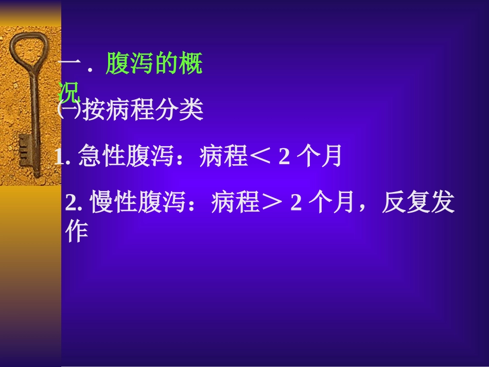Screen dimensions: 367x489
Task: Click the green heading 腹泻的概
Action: tap(154, 66)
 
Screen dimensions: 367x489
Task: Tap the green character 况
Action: tap(69, 93)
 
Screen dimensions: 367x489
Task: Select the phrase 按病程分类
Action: tap(143, 110)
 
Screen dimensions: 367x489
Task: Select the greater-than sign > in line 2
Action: tap(273, 204)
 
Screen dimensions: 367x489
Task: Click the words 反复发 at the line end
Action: tap(417, 204)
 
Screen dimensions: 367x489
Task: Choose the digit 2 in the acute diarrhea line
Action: tap(284, 156)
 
